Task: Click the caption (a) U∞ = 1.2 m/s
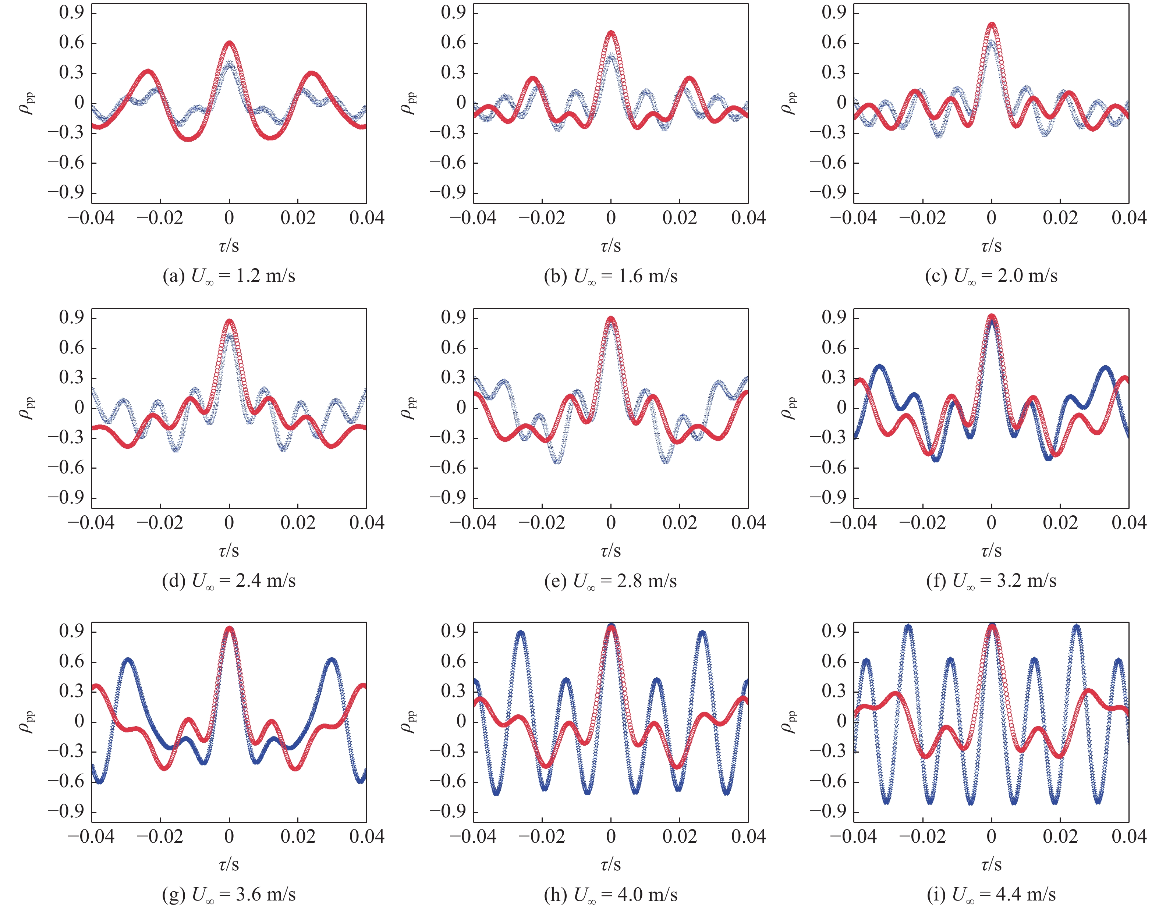click(229, 276)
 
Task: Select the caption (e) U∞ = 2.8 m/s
click(610, 580)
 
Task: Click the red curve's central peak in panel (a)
click(229, 43)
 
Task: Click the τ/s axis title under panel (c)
click(991, 245)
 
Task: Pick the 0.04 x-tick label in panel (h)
click(748, 836)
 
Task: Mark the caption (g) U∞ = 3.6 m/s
click(229, 894)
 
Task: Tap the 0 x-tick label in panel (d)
click(229, 522)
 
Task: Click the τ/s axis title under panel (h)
click(610, 864)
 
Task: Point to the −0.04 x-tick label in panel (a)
click(91, 217)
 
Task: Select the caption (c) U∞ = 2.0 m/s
click(991, 276)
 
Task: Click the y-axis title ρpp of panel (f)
click(790, 408)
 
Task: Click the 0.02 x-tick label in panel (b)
click(680, 217)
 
